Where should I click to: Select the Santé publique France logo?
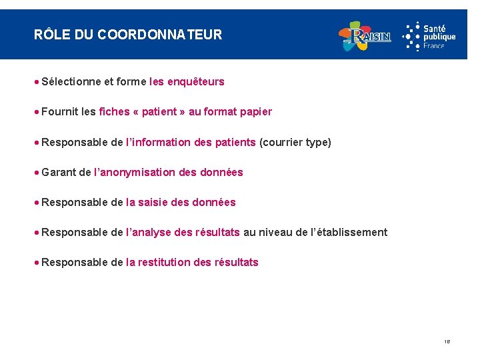429,35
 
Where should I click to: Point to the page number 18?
447,341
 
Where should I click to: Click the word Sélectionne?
71,82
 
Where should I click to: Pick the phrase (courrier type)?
295,142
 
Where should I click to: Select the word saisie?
155,202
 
